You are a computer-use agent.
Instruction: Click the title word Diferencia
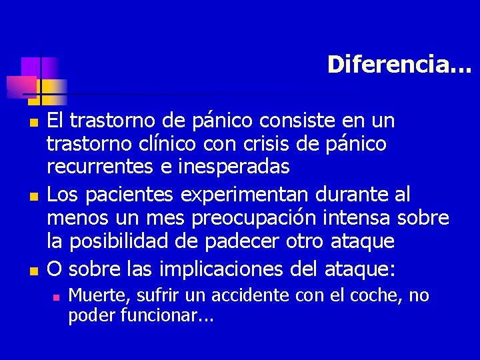coord(399,64)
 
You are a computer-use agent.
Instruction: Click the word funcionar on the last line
coord(159,314)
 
